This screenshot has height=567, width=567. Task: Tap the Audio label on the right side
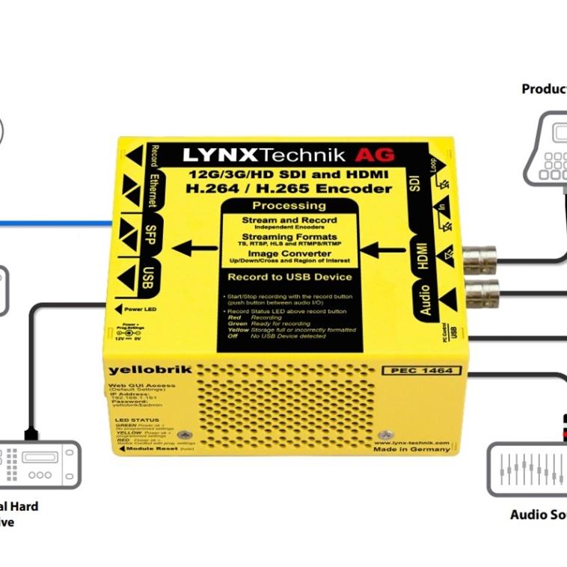pos(425,299)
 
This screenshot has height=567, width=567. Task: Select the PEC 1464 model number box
pos(421,370)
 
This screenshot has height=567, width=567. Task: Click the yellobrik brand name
pos(138,369)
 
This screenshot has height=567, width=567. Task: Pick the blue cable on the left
pos(52,223)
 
